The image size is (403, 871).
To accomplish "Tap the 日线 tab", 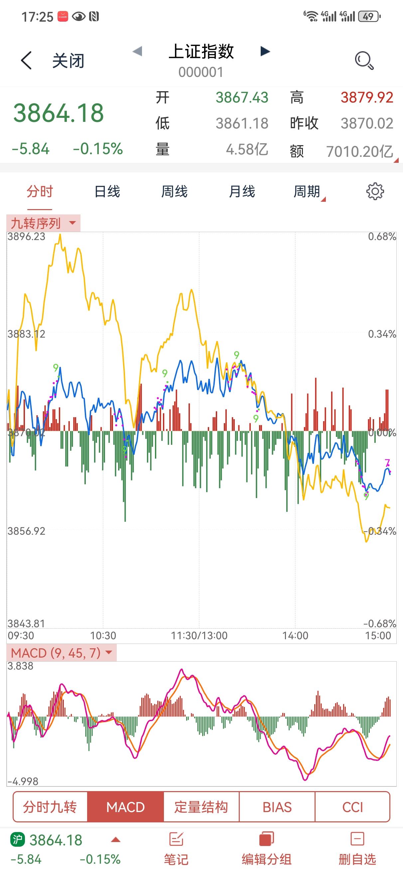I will pyautogui.click(x=107, y=191).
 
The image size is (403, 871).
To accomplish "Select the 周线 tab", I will pyautogui.click(x=174, y=191).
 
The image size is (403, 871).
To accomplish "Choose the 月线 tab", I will pyautogui.click(x=242, y=191).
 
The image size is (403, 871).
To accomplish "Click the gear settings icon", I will pyautogui.click(x=375, y=191).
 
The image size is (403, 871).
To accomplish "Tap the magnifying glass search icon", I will pyautogui.click(x=364, y=61).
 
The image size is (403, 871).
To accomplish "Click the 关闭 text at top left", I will pyautogui.click(x=68, y=61).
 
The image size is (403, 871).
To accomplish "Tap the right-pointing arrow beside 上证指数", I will pyautogui.click(x=265, y=51).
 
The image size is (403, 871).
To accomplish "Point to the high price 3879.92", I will pyautogui.click(x=367, y=98).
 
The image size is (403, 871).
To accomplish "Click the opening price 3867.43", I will pyautogui.click(x=242, y=98).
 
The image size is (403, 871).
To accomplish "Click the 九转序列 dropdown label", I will pyautogui.click(x=43, y=223).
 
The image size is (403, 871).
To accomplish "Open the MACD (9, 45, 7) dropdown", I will pyautogui.click(x=61, y=653).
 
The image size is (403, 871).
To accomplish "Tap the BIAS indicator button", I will pyautogui.click(x=277, y=807).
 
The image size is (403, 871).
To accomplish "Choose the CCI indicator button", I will pyautogui.click(x=352, y=807).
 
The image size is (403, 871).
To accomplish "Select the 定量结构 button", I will pyautogui.click(x=201, y=807).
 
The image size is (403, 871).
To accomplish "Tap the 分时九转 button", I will pyautogui.click(x=50, y=807).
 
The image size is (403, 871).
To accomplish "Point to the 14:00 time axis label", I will pyautogui.click(x=295, y=636).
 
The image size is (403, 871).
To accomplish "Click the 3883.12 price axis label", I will pyautogui.click(x=26, y=334).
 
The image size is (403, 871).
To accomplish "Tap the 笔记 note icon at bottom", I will pyautogui.click(x=176, y=848).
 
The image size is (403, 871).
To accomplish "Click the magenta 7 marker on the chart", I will pyautogui.click(x=387, y=462).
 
